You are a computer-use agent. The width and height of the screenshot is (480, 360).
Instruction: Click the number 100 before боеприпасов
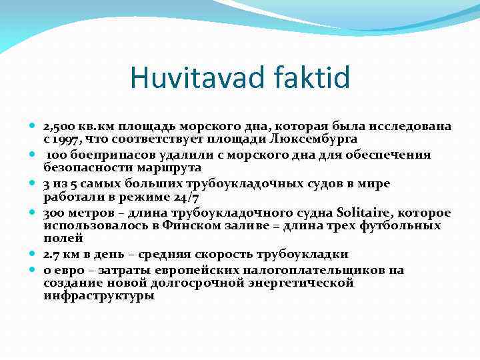click(x=56, y=155)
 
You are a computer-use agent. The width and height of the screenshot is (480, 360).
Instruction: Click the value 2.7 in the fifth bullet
click(x=52, y=254)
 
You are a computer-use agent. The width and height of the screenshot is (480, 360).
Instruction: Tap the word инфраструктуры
click(x=99, y=295)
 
